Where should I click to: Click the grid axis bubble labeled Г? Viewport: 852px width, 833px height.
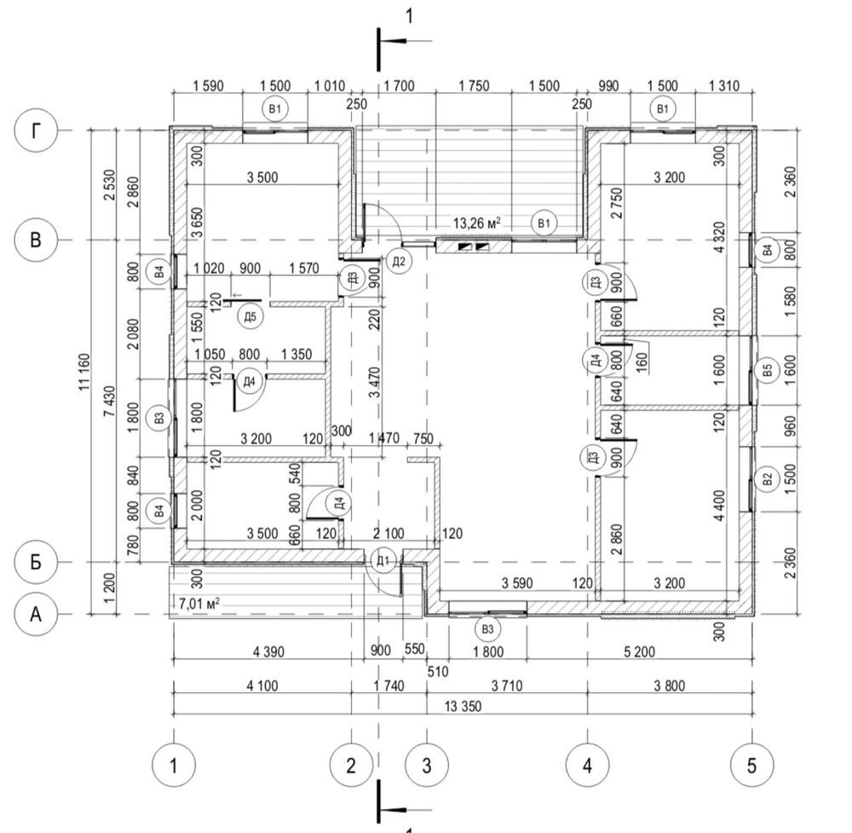coord(36,131)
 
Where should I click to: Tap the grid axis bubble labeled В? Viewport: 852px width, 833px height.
coord(36,240)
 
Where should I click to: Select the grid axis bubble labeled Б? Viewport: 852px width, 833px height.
coord(36,562)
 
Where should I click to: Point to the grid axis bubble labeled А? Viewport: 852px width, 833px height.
coord(36,615)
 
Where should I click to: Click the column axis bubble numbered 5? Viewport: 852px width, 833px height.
coord(752,766)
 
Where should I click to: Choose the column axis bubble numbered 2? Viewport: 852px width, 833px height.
coord(351,766)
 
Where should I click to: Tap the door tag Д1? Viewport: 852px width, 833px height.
coord(383,560)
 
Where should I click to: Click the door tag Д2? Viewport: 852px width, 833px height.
coord(399,262)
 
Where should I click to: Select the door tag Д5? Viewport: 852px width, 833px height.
coord(250,316)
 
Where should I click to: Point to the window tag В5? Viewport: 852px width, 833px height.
coord(768,371)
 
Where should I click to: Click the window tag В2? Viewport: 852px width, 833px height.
coord(768,479)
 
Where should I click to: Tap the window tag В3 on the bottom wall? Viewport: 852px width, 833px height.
coord(487,629)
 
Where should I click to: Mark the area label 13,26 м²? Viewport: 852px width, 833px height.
coord(476,223)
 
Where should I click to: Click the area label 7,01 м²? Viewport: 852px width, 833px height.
coord(199,603)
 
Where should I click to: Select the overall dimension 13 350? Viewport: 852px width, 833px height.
coord(463,706)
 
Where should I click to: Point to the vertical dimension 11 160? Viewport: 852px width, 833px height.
coord(84,372)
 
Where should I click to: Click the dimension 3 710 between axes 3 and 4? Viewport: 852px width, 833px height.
coord(507,685)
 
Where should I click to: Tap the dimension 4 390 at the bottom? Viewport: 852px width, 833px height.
coord(268,651)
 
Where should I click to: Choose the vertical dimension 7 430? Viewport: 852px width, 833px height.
coord(109,402)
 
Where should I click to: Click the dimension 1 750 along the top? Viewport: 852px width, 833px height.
coord(474,86)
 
